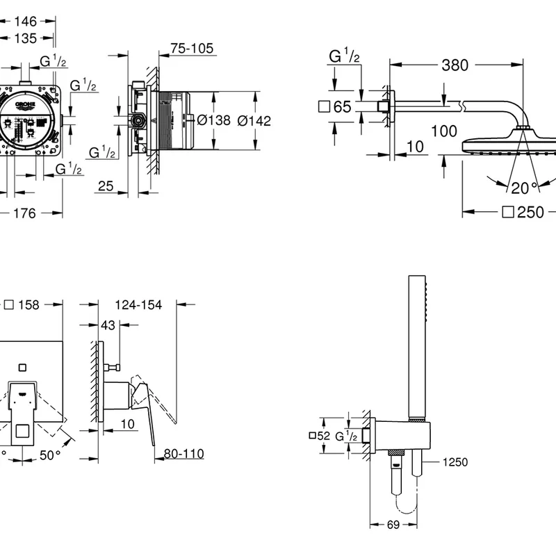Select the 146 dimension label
(25, 22)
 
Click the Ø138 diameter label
(214, 120)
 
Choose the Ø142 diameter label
(254, 120)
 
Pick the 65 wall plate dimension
(341, 107)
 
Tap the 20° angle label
(525, 187)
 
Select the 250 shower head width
(530, 213)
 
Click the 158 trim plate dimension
(28, 304)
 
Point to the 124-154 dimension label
(140, 304)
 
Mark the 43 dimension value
(108, 325)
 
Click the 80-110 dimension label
(183, 453)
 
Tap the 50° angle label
(48, 455)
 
